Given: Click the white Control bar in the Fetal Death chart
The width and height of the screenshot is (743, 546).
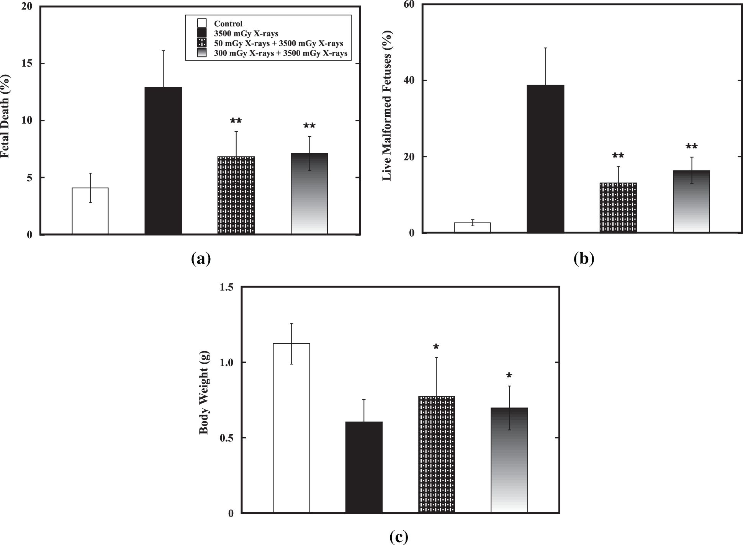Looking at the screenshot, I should click(x=90, y=211).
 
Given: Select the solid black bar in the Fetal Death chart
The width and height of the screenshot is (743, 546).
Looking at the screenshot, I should click(x=163, y=161).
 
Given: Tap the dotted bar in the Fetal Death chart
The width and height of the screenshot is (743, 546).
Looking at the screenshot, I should click(x=236, y=195).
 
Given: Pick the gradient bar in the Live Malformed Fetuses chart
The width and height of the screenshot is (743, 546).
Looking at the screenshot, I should click(x=691, y=201).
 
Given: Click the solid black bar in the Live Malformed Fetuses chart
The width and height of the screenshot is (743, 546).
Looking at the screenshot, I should click(x=545, y=159).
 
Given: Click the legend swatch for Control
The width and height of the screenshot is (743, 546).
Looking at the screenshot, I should click(x=202, y=23).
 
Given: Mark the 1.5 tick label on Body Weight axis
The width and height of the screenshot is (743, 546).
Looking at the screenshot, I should click(x=227, y=287).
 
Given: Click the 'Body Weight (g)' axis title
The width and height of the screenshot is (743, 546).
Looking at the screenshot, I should click(x=204, y=400).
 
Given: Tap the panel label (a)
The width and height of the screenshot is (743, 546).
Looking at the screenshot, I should click(x=201, y=259).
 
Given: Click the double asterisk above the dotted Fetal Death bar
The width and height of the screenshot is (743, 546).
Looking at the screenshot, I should click(x=236, y=121).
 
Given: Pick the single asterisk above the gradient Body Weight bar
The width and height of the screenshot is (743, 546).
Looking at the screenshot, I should click(x=509, y=376).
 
